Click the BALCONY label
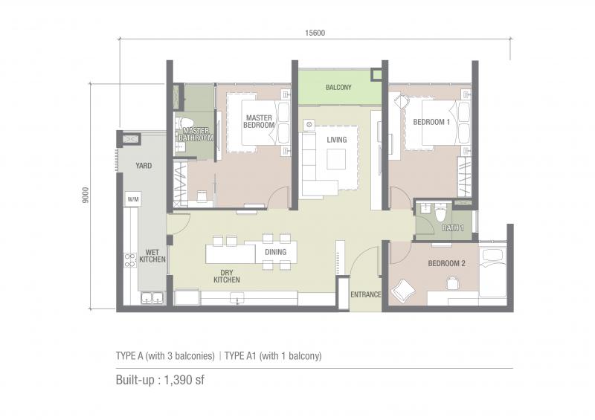pyautogui.click(x=338, y=87)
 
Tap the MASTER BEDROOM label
pyautogui.click(x=259, y=121)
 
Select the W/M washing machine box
pyautogui.click(x=133, y=199)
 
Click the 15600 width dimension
pyautogui.click(x=315, y=33)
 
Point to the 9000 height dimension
pyautogui.click(x=86, y=195)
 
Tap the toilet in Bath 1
pyautogui.click(x=440, y=213)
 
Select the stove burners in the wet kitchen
pyautogui.click(x=129, y=260)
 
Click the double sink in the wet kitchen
pyautogui.click(x=152, y=298)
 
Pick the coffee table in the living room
pyautogui.click(x=336, y=159)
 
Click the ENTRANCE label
pyautogui.click(x=365, y=294)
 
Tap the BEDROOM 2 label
pyautogui.click(x=446, y=263)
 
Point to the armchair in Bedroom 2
pyautogui.click(x=403, y=289)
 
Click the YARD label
pyautogui.click(x=144, y=166)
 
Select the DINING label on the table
pyautogui.click(x=275, y=252)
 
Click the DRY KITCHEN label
pyautogui.click(x=227, y=277)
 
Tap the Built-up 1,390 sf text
pyautogui.click(x=160, y=380)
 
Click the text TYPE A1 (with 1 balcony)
pyautogui.click(x=273, y=356)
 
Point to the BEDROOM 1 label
pyautogui.click(x=431, y=122)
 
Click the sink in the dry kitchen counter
pyautogui.click(x=237, y=298)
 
